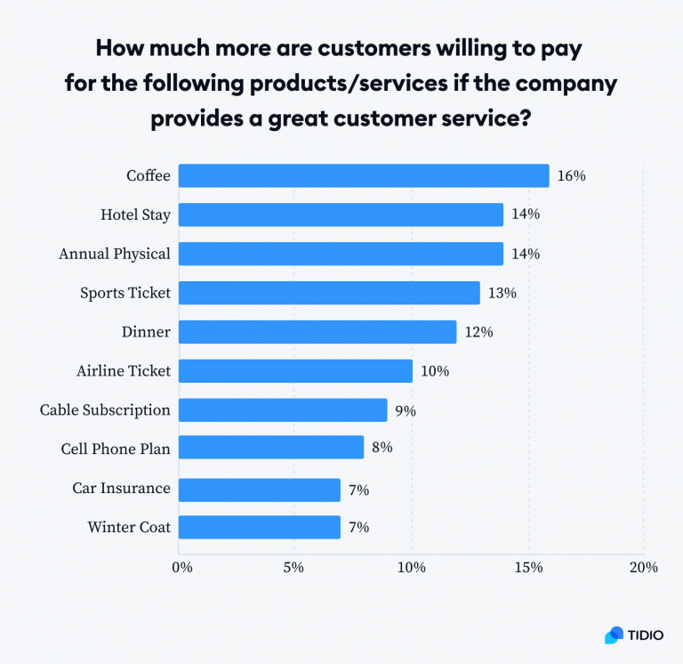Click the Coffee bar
click(364, 175)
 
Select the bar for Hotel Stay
click(341, 215)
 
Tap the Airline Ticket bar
click(295, 371)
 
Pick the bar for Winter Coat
click(260, 527)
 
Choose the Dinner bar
click(317, 332)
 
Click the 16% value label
click(571, 176)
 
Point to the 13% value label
click(502, 293)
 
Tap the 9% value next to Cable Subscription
click(406, 410)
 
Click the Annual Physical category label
click(114, 255)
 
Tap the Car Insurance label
click(121, 489)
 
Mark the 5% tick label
click(294, 567)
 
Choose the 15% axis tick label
click(527, 567)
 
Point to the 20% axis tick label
click(643, 567)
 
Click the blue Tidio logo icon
click(615, 636)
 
